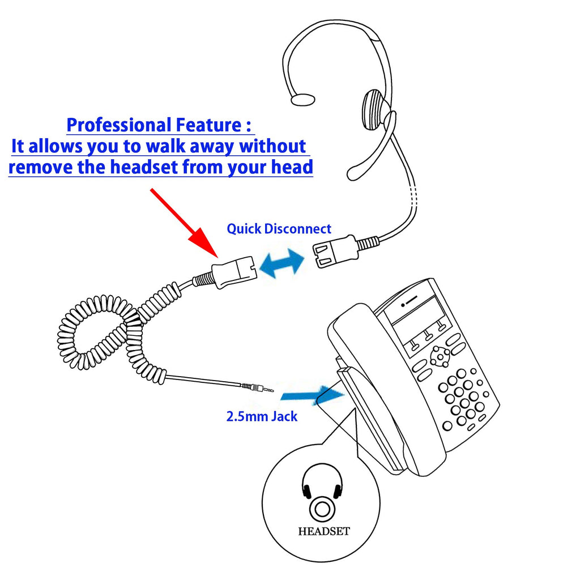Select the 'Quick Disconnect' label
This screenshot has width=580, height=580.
(279, 229)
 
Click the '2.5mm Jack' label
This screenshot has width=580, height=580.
(262, 417)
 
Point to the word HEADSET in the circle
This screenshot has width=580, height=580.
(324, 531)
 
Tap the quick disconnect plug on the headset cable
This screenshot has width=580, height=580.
(335, 250)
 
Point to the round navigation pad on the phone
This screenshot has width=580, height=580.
(440, 356)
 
